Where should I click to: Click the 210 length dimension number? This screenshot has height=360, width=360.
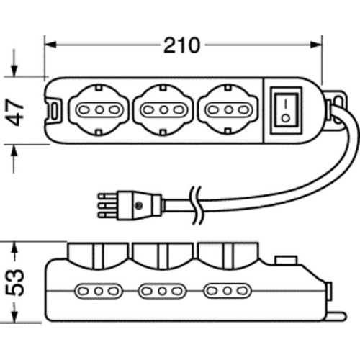[x=181, y=45]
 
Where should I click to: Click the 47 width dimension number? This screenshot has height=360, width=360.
[x=15, y=112]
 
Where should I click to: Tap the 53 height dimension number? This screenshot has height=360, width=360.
[x=15, y=282]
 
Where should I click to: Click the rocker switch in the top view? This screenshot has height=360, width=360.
[x=286, y=110]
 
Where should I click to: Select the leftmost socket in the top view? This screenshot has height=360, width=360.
[x=99, y=110]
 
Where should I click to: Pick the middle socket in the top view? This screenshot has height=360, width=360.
[x=163, y=110]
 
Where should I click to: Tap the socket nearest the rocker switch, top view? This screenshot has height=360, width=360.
[x=229, y=110]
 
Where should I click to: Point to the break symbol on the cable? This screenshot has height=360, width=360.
[x=197, y=205]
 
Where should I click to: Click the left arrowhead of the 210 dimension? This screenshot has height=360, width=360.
[x=51, y=45]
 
